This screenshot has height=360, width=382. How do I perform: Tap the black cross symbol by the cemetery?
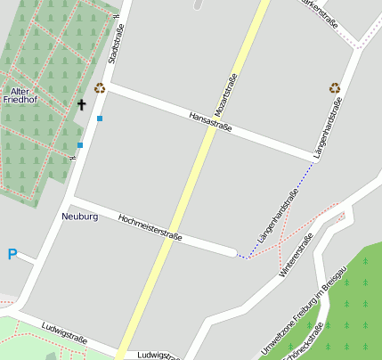coord(82,105)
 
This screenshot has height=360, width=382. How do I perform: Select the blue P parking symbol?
coord(12,255)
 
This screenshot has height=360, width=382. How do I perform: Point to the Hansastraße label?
coord(210,122)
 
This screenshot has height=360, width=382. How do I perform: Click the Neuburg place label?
coord(80,217)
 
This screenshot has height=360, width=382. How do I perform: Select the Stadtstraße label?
coord(114,44)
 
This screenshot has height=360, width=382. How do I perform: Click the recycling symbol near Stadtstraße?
coord(100,87)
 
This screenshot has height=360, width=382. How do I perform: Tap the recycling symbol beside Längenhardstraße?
coord(335,87)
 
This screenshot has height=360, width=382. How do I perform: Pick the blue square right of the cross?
coord(100,119)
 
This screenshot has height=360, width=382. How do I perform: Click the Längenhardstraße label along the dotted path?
coord(277,217)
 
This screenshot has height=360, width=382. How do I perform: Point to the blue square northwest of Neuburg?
coord(80,144)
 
